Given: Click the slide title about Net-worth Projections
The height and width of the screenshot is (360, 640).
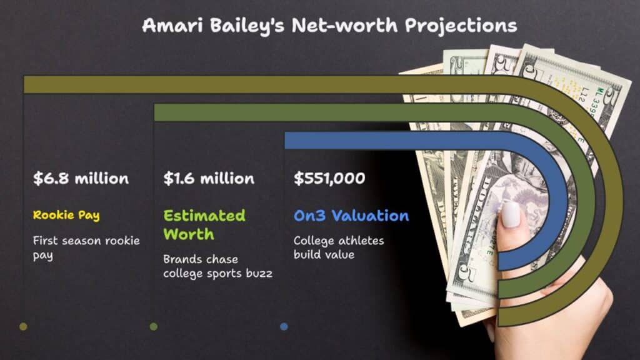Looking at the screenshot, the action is pyautogui.click(x=329, y=26).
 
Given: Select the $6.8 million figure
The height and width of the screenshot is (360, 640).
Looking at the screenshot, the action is pyautogui.click(x=81, y=178).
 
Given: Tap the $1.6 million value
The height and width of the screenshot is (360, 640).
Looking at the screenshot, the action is pyautogui.click(x=209, y=178).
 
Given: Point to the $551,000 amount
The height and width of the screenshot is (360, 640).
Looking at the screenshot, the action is pyautogui.click(x=329, y=178).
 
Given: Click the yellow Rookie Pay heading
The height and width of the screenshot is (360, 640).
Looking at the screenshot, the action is pyautogui.click(x=66, y=215).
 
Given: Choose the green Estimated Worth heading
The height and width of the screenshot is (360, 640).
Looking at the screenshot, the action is pyautogui.click(x=204, y=225).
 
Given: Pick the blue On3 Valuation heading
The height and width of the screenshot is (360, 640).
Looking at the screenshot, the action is pyautogui.click(x=351, y=216).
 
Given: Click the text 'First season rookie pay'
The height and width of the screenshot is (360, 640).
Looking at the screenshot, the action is pyautogui.click(x=86, y=247).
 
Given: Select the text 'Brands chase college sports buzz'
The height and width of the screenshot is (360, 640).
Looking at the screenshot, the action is pyautogui.click(x=217, y=266).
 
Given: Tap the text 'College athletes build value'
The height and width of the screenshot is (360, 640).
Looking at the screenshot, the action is pyautogui.click(x=339, y=247).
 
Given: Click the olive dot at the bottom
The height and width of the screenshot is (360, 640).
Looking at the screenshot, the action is pyautogui.click(x=23, y=326).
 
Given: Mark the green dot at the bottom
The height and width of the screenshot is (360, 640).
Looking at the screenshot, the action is pyautogui.click(x=154, y=326).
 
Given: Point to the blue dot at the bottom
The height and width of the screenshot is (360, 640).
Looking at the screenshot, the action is pyautogui.click(x=284, y=326).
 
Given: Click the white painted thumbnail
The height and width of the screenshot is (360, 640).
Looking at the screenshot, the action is pyautogui.click(x=511, y=214).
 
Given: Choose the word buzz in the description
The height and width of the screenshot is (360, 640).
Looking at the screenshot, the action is pyautogui.click(x=259, y=274).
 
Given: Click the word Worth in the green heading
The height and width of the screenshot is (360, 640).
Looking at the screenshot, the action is pyautogui.click(x=189, y=234).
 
